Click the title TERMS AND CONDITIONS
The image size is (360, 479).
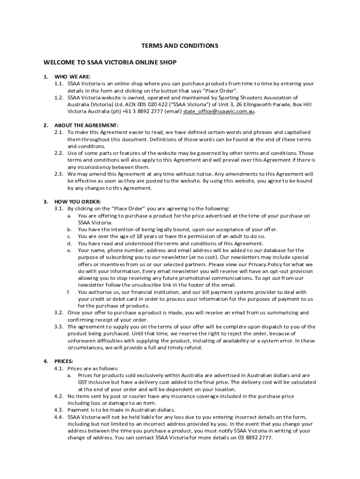180,46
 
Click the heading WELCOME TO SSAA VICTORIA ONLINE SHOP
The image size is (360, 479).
110,62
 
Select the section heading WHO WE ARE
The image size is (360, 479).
72,77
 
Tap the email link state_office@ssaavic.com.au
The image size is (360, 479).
219,111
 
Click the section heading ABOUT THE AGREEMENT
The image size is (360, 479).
86,125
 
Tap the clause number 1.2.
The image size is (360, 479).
58,97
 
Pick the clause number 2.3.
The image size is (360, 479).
58,174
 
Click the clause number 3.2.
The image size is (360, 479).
58,312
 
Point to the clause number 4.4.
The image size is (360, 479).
58,417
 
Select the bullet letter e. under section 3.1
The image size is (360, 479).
69,250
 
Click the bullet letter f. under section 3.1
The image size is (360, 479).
69,292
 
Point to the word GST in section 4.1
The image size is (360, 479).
82,382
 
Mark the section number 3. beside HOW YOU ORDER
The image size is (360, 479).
46,202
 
